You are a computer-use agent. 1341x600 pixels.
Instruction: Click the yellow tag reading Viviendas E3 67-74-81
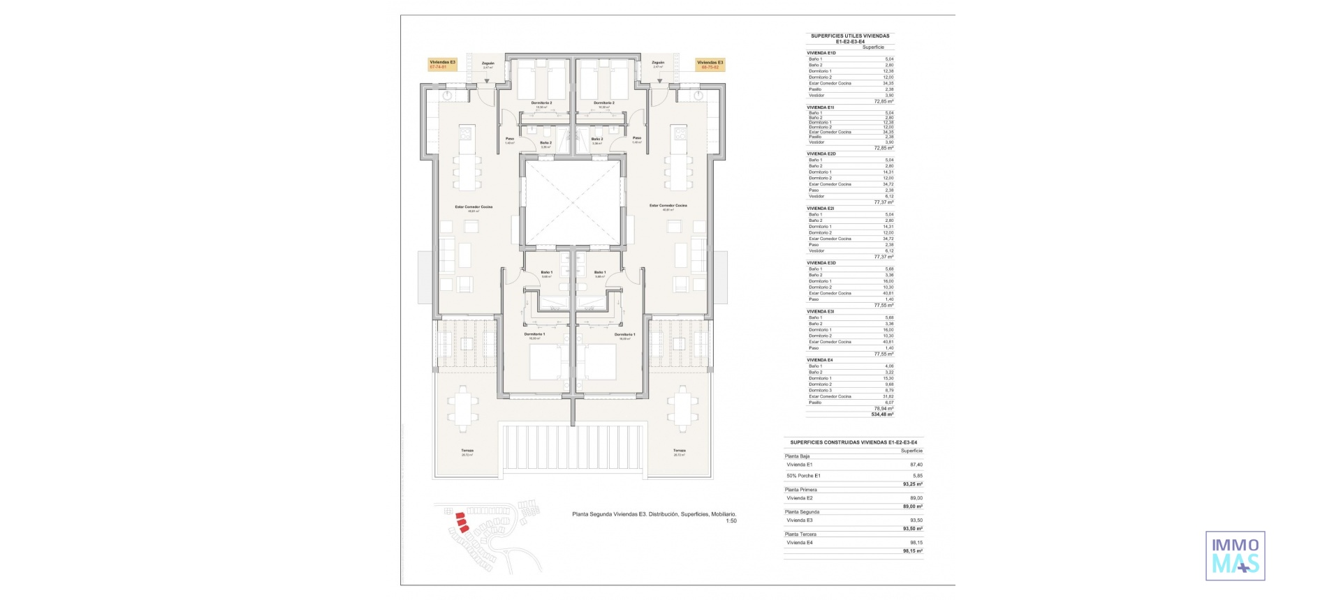[x=442, y=65]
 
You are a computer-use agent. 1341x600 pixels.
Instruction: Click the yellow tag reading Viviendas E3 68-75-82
[x=710, y=65]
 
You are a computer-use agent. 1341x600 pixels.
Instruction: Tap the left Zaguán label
[x=488, y=63]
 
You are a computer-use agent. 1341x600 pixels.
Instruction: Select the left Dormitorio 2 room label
[x=541, y=103]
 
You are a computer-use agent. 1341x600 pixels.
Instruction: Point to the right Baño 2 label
[x=596, y=140]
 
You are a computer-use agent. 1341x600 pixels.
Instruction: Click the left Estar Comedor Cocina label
[x=474, y=206]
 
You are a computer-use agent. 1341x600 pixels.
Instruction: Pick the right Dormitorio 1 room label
[x=624, y=335]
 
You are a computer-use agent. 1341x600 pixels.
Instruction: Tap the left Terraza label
[x=467, y=451]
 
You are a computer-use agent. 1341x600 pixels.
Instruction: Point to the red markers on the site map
[x=460, y=521]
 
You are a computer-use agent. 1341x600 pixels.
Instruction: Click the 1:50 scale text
[x=731, y=520]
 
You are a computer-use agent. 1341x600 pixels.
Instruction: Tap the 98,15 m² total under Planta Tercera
[x=912, y=551]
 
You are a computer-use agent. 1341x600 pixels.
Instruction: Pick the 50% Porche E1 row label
[x=803, y=476]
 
